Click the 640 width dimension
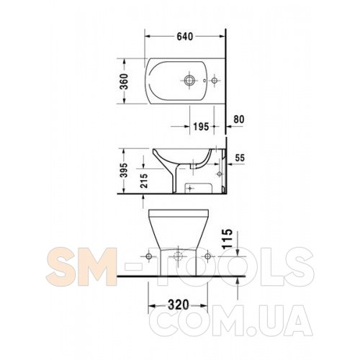pos(185,37)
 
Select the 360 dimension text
pos(125,81)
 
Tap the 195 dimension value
pos(201,127)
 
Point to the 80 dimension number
pos(239,120)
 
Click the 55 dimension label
pos(240,158)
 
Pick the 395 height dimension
pos(125,170)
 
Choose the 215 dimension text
pos(144,181)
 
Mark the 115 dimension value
pos(228,238)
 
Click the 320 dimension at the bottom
pos(179,305)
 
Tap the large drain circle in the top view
pos(189,80)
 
